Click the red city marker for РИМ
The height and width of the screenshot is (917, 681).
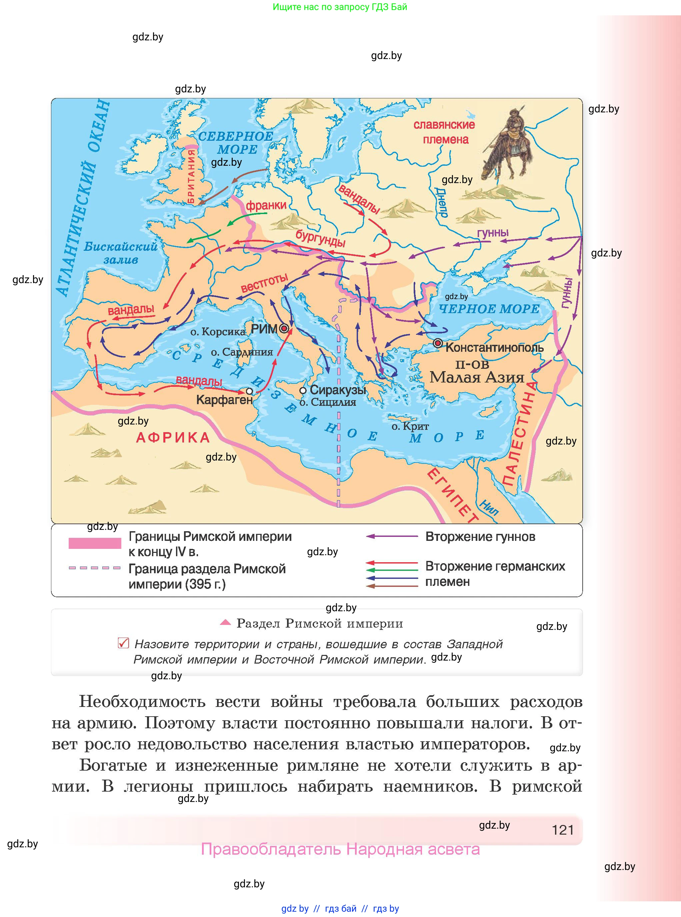click(x=284, y=328)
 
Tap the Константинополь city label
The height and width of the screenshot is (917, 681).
click(x=494, y=347)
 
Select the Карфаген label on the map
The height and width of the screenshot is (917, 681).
click(x=224, y=400)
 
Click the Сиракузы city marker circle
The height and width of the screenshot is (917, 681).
click(x=303, y=390)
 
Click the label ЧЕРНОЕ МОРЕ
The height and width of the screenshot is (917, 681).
click(x=489, y=309)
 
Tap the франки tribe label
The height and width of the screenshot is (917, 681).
click(x=266, y=205)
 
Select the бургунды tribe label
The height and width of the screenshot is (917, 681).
click(x=320, y=238)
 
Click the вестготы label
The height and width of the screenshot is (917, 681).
click(x=264, y=283)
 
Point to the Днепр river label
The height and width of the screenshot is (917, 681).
click(x=441, y=202)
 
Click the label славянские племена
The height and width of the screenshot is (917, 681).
click(x=444, y=132)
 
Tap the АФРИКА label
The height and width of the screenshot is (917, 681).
click(x=173, y=437)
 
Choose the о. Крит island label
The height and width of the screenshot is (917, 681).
click(x=410, y=426)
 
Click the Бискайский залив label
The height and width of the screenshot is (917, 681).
click(x=120, y=253)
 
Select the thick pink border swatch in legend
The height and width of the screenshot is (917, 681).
click(x=95, y=543)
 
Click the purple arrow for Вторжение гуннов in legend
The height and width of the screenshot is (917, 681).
click(x=392, y=537)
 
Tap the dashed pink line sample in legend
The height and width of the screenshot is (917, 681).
click(x=95, y=568)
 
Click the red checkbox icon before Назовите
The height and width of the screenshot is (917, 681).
click(x=123, y=643)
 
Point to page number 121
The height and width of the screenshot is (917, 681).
click(x=563, y=830)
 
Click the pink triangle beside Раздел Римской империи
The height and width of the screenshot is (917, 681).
click(x=225, y=623)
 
